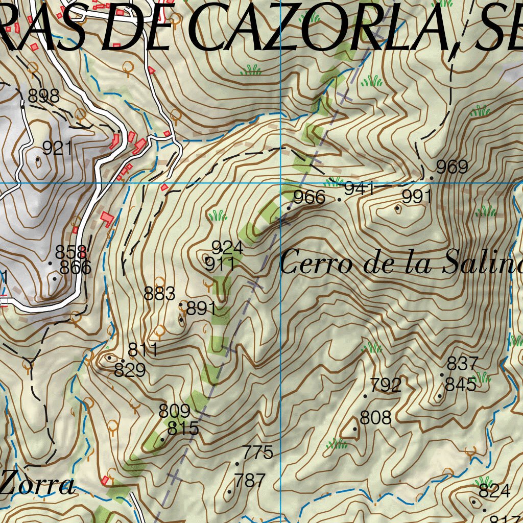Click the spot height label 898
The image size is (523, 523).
(44, 96)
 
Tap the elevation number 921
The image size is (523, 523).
(57, 148)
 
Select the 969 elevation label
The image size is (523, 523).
(452, 167)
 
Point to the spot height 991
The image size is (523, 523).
(417, 197)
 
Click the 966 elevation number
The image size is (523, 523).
(310, 197)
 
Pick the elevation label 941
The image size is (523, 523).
(360, 188)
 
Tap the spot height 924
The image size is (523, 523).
(227, 248)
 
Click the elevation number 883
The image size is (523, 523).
(160, 294)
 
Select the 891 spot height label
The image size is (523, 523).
(202, 309)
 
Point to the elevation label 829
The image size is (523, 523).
(130, 370)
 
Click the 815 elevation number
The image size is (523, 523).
(183, 429)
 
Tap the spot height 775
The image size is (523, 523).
(258, 453)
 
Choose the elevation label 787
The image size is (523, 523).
(250, 481)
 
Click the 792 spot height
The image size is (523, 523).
(386, 385)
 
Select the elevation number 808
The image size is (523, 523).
(376, 418)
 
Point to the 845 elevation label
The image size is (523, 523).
(461, 385)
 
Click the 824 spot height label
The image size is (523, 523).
(494, 491)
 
